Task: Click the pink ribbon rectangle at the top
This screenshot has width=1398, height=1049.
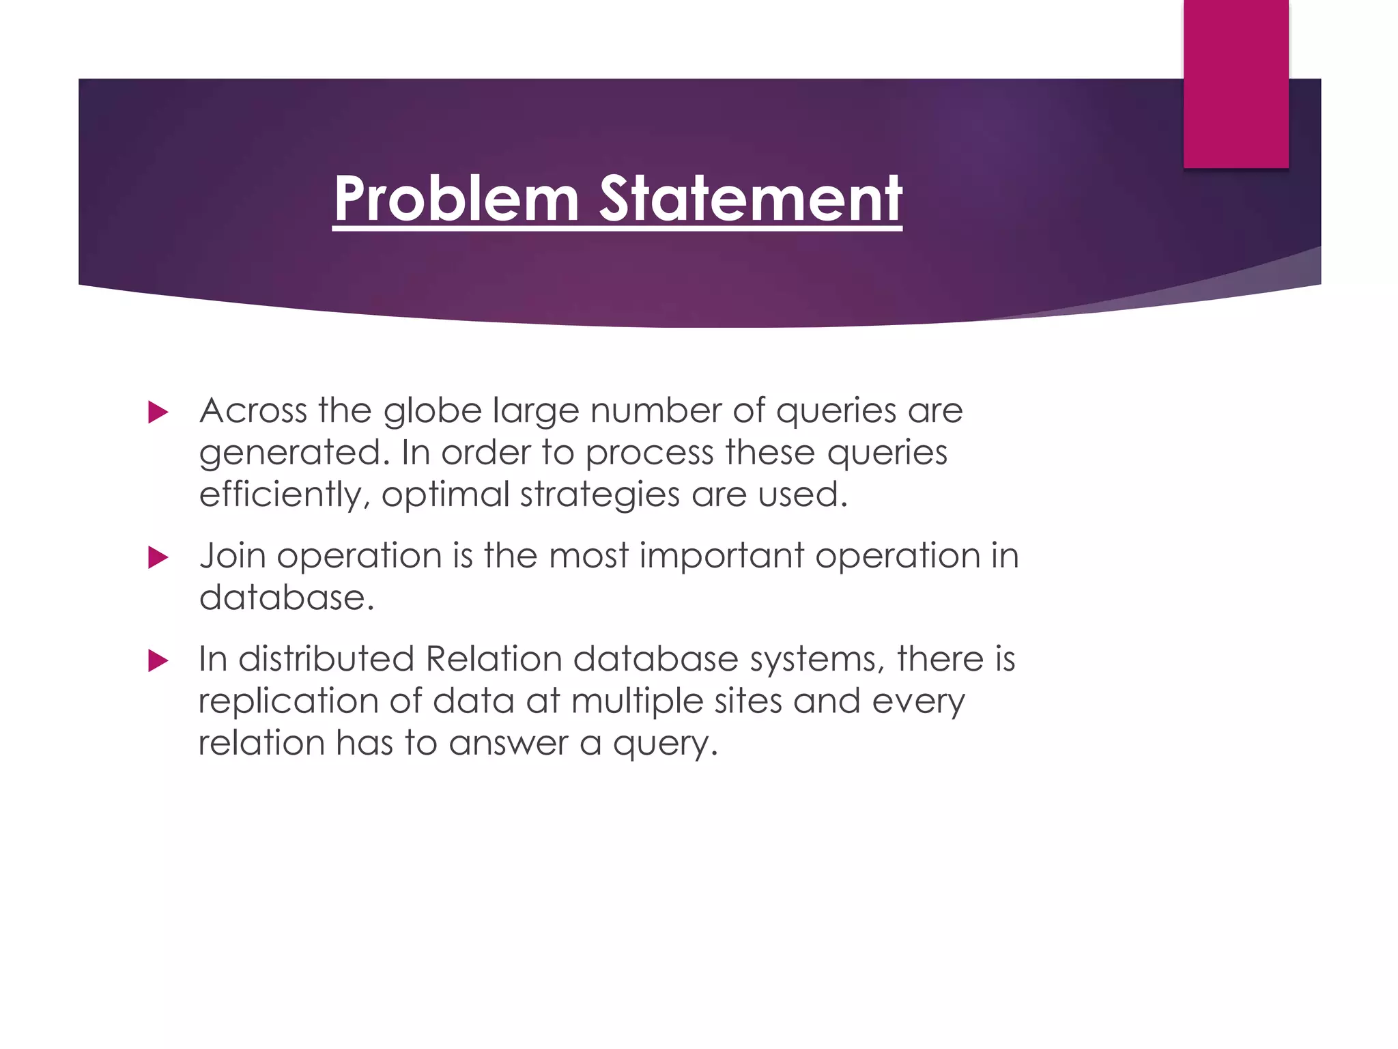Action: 1236,83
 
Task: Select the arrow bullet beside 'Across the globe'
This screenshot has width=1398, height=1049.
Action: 158,412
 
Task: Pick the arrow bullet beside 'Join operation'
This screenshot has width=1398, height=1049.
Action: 158,557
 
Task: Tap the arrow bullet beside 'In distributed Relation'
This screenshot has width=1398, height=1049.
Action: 158,660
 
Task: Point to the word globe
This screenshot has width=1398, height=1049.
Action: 433,410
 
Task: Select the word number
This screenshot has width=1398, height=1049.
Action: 656,410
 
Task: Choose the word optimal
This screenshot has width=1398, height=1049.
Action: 445,494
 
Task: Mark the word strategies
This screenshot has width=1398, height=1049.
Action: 599,494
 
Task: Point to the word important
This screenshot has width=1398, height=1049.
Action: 722,555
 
